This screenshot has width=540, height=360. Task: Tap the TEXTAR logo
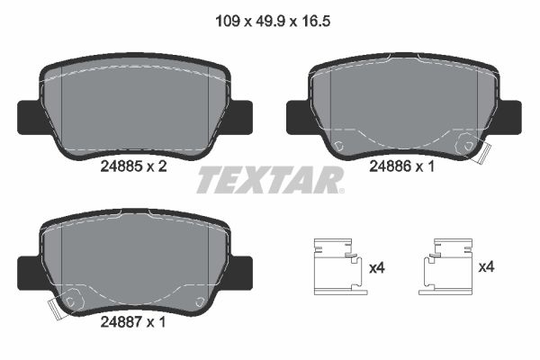(x=270, y=179)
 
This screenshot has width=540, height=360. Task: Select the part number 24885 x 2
(x=132, y=166)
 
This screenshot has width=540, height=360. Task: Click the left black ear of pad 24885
(x=29, y=113)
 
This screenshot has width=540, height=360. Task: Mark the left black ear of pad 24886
(x=297, y=113)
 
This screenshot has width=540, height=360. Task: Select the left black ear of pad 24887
(x=29, y=268)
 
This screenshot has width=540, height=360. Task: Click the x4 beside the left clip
(x=377, y=266)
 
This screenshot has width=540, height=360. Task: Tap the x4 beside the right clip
(x=487, y=266)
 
